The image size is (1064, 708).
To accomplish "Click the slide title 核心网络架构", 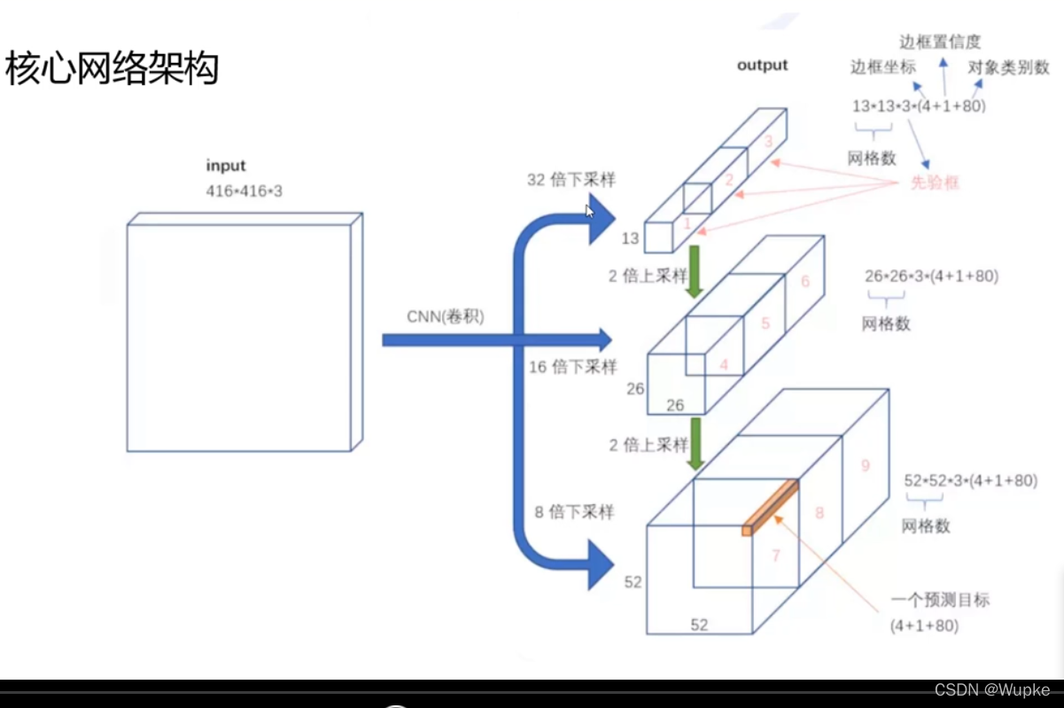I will [x=113, y=68].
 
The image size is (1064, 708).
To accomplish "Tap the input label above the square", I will [x=226, y=166].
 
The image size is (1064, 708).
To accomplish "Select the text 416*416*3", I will [x=245, y=191].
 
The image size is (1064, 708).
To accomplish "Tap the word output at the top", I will [x=762, y=65].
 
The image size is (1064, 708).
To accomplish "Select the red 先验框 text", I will [x=936, y=183].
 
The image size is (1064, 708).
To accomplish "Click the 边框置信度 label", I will [x=940, y=42].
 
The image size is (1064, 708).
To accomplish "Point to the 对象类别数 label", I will [x=1008, y=67].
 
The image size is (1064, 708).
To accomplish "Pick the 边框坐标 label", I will [x=883, y=67].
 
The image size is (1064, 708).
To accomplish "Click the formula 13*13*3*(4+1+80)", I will [x=919, y=106].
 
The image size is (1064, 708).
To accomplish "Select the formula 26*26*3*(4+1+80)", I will [x=931, y=276].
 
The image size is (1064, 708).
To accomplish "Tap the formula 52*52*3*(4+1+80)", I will [x=970, y=481].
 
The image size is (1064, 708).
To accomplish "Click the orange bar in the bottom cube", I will [x=770, y=508].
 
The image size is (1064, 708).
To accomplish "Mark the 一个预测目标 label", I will [x=940, y=600].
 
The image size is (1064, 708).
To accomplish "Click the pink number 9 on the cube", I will [x=865, y=465].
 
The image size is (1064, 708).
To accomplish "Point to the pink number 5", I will [x=765, y=324].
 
